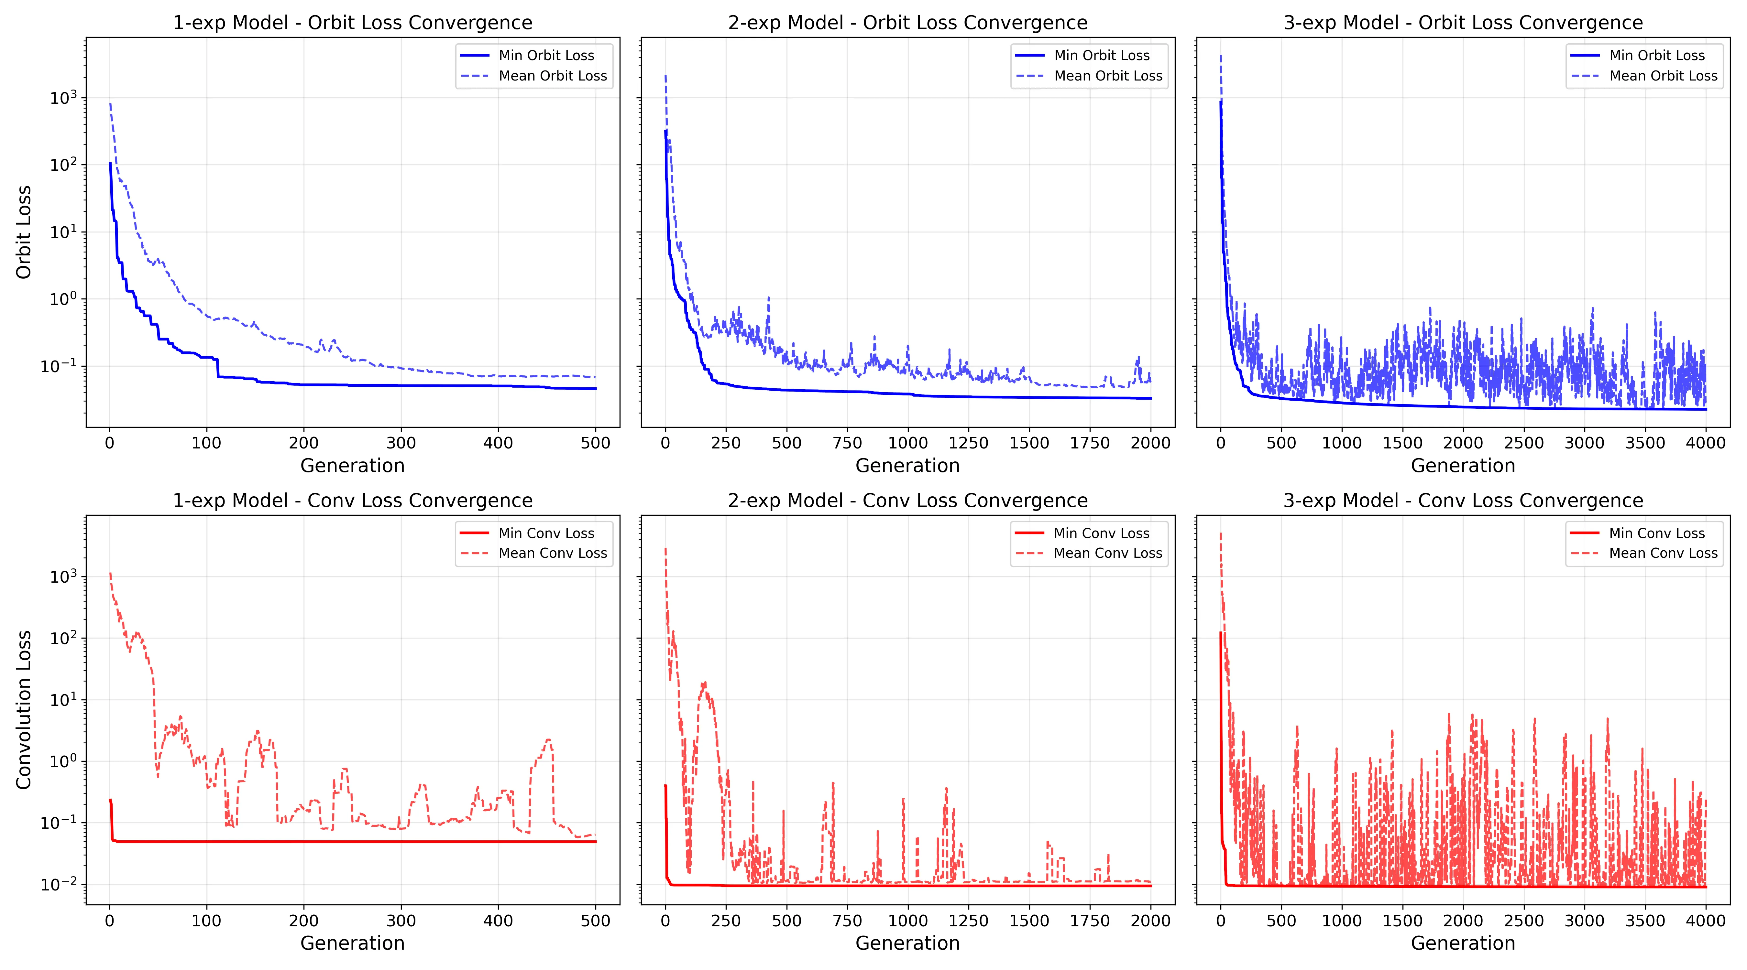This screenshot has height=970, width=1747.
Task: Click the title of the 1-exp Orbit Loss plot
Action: [x=353, y=23]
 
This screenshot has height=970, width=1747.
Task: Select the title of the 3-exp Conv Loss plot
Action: [x=1463, y=501]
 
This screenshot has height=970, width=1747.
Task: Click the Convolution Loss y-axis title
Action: [x=24, y=710]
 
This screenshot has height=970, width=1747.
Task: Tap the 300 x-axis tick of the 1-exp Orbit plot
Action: [x=401, y=443]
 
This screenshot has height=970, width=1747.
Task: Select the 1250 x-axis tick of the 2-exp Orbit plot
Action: [x=968, y=443]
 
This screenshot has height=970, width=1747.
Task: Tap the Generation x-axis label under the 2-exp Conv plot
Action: [x=907, y=943]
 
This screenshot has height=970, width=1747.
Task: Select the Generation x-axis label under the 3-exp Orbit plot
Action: [x=1463, y=466]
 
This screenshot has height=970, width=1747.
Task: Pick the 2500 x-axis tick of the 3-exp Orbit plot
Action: [x=1524, y=443]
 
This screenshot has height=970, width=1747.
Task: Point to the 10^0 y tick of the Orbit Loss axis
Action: [x=63, y=299]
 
